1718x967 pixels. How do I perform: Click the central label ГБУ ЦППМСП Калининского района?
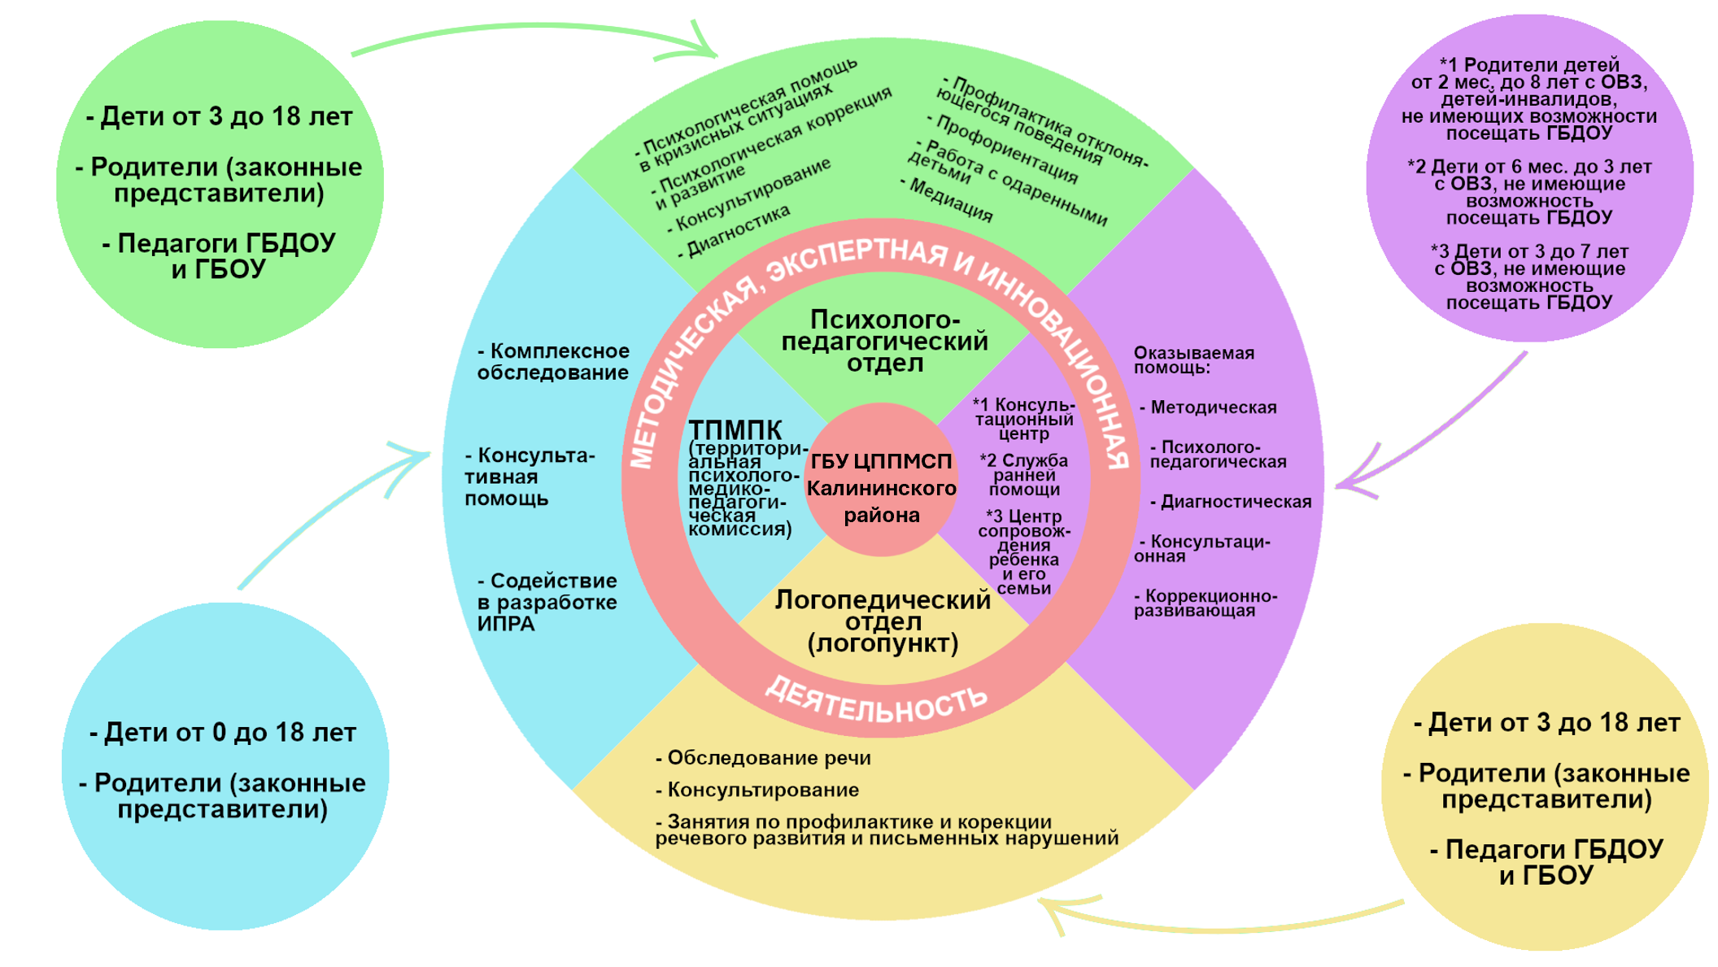click(x=881, y=487)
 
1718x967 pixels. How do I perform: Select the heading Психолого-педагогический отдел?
click(x=884, y=342)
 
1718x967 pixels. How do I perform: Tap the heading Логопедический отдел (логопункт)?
click(x=883, y=621)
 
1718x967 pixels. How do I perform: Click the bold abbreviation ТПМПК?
click(x=735, y=429)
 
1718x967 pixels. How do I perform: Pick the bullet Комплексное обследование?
click(x=553, y=362)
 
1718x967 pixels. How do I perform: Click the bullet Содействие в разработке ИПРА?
click(x=547, y=603)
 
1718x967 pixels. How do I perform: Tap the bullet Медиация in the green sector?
click(x=948, y=199)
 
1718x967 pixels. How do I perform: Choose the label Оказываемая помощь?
click(x=1193, y=360)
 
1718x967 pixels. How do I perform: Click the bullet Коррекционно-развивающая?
click(x=1205, y=603)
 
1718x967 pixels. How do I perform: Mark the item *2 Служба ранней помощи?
click(x=1023, y=475)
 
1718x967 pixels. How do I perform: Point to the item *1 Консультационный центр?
click(x=1023, y=419)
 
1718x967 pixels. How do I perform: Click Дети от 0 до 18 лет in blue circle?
click(x=223, y=733)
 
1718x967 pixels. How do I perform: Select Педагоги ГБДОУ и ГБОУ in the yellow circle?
click(x=1546, y=862)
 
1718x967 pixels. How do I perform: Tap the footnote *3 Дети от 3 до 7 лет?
click(x=1529, y=277)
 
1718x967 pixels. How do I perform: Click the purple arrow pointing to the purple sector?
click(x=1432, y=431)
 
